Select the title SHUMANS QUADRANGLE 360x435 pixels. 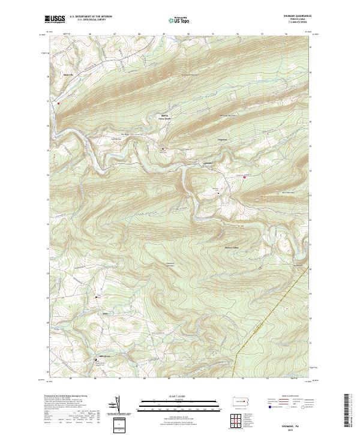point(294,17)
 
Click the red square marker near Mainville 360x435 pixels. point(58,103)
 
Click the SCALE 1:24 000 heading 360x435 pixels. point(179,395)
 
